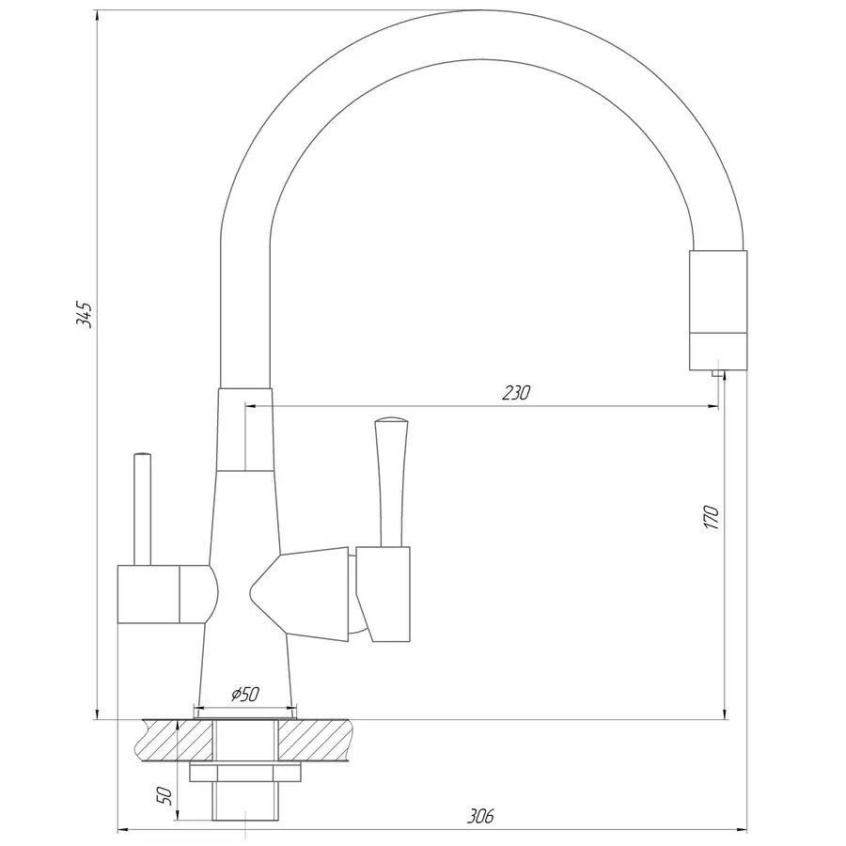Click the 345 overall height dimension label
84,314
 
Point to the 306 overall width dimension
479,817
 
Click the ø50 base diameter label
244,695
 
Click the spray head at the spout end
719,310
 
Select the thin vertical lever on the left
142,508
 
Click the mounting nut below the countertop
245,772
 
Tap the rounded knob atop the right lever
390,421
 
